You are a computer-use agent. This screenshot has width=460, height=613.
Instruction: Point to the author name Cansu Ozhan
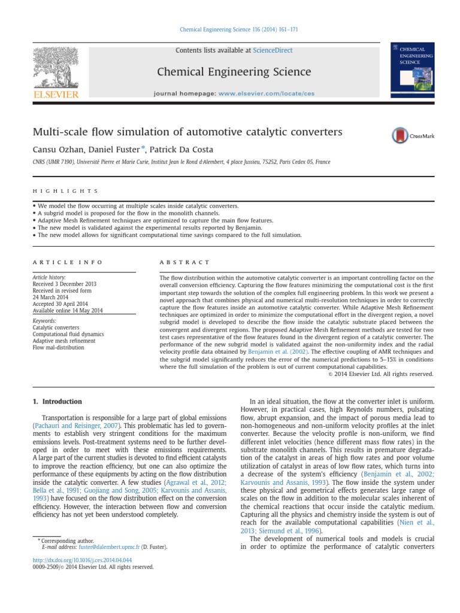pos(55,150)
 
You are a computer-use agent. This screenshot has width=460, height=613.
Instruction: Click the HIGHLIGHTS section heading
pos(65,191)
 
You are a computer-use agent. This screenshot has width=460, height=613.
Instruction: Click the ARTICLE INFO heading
pos(67,262)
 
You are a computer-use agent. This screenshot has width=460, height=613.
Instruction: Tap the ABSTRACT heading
pos(184,262)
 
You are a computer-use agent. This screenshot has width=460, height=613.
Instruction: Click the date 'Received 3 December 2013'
pos(62,284)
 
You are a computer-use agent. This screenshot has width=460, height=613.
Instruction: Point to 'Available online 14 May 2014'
pos(68,310)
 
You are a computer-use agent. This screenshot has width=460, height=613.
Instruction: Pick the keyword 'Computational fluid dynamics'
pos(68,334)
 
